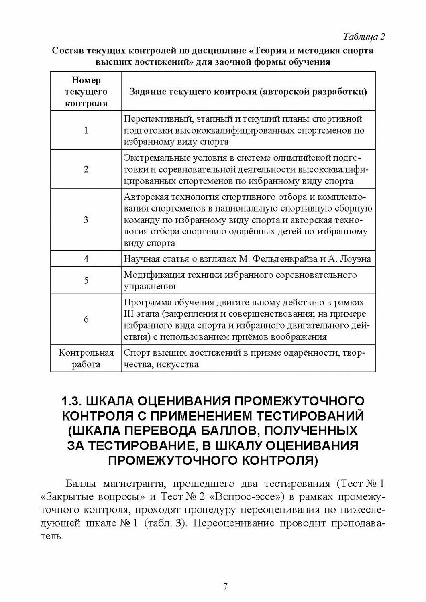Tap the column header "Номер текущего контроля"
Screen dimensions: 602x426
tap(86, 92)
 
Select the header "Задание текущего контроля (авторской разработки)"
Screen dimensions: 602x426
tap(248, 92)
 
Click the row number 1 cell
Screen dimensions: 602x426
tap(86, 130)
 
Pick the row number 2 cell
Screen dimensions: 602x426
tap(86, 169)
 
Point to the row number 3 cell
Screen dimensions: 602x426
tap(86, 220)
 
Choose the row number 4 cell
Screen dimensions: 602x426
tap(86, 259)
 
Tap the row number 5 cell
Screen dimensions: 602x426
tap(86, 280)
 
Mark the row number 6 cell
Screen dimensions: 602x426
tap(86, 319)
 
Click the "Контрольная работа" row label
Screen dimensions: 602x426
tap(86, 359)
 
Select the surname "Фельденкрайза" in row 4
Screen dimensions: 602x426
tap(286, 259)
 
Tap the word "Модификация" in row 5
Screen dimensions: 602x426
tap(151, 275)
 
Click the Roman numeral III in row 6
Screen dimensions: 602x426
tap(130, 314)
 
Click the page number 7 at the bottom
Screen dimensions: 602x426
tap(225, 586)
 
